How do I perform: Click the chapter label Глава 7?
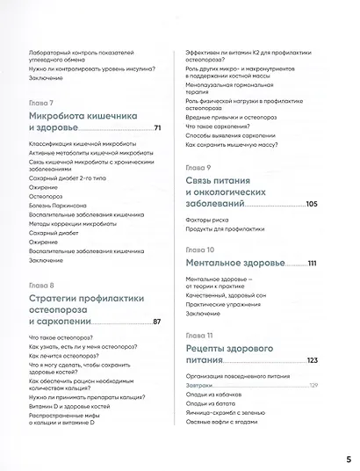coord(41,102)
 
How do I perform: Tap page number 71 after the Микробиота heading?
coord(157,130)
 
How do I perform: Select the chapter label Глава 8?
coord(41,285)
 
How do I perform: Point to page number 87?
coord(157,322)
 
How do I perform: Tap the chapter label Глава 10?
coord(199,250)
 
